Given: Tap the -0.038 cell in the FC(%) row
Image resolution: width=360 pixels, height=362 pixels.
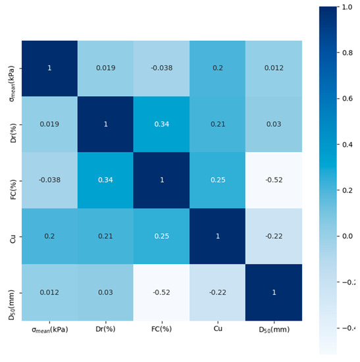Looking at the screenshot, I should coord(50,180).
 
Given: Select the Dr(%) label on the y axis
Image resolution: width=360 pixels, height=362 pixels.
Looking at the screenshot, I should coord(13,124).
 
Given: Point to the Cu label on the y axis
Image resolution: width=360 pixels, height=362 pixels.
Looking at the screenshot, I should coord(13,236).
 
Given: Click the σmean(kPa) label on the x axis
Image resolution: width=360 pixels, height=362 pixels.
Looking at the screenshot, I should coord(50,328).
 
